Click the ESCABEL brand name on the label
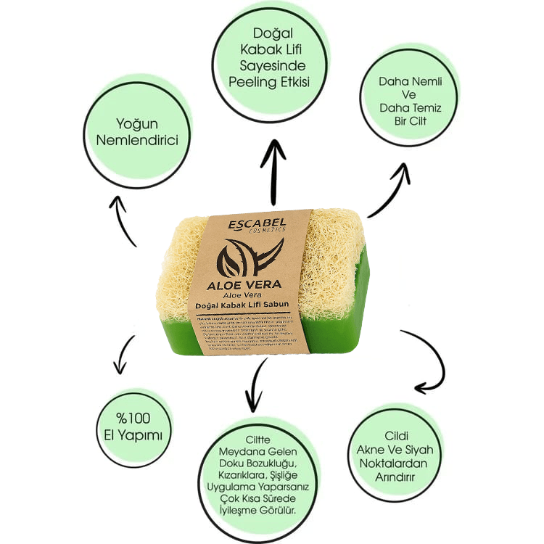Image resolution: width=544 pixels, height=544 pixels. (255, 222)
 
